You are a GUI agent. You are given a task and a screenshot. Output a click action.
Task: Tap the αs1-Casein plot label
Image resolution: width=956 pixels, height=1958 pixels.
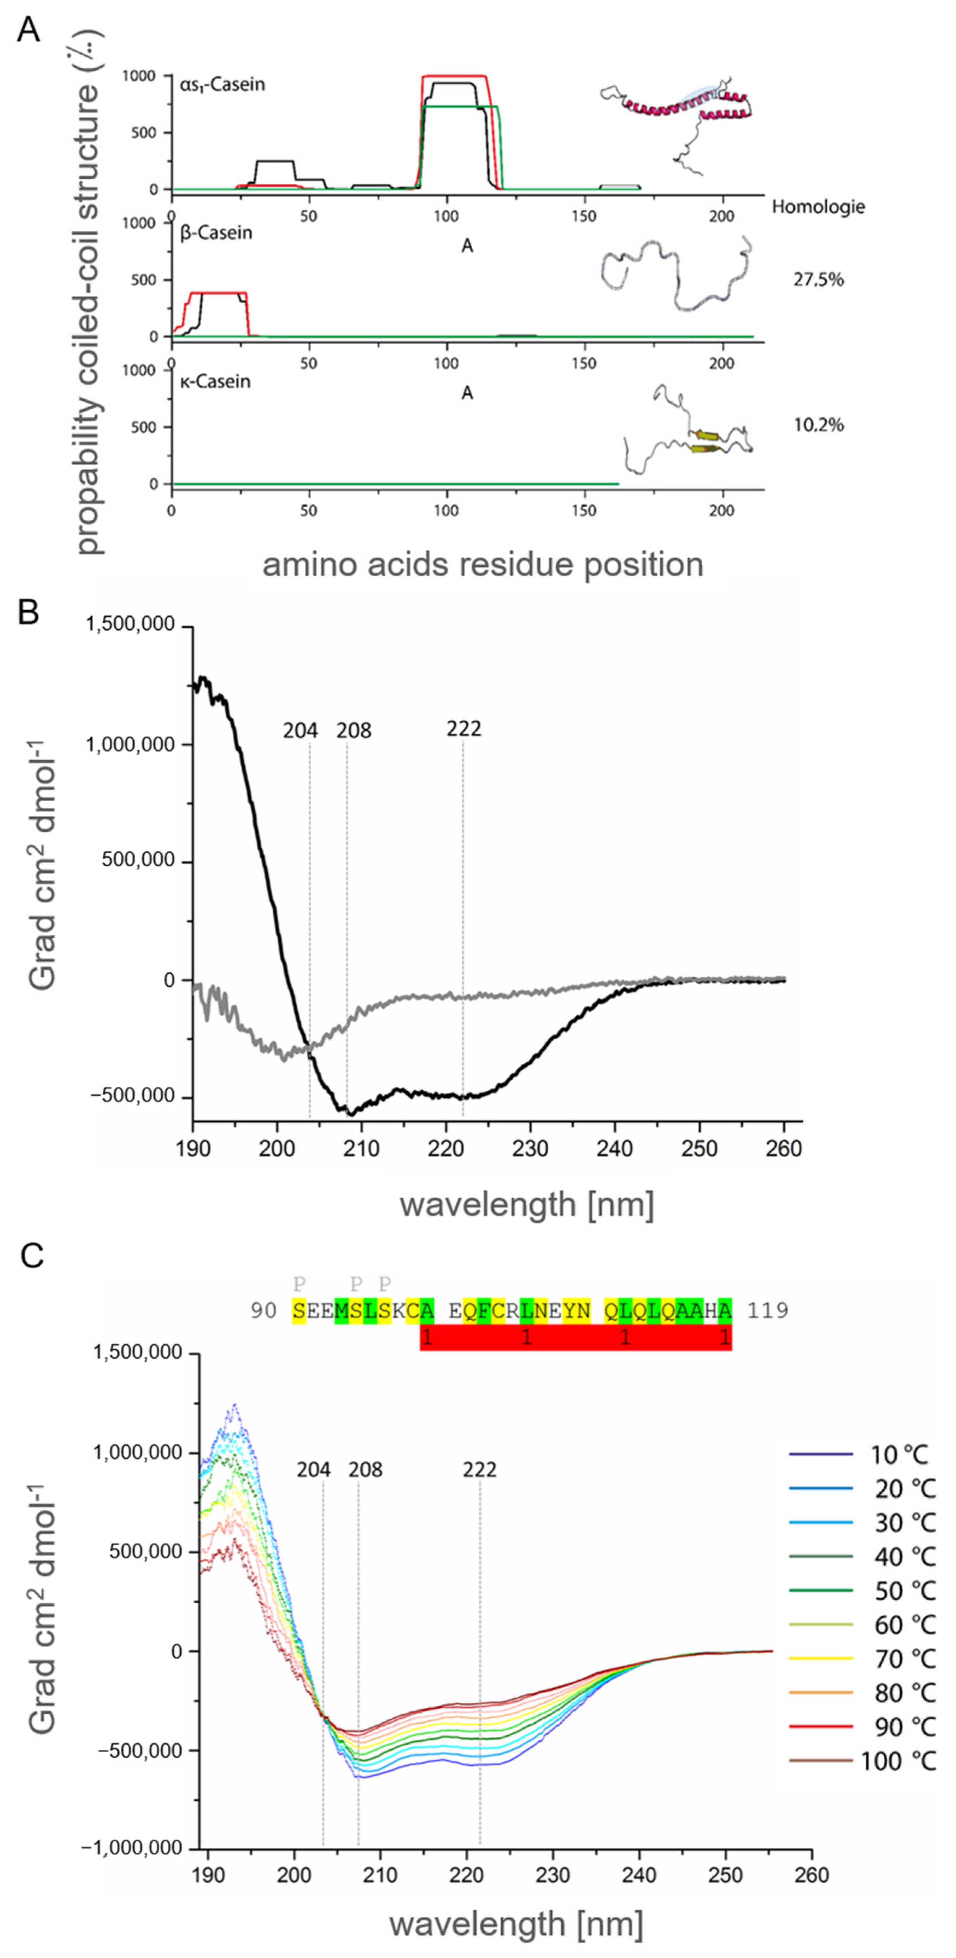[222, 84]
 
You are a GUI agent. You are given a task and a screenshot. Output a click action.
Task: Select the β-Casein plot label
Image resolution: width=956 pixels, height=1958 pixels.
[216, 233]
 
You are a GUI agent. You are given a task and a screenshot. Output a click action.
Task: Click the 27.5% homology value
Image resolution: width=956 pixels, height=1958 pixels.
[818, 280]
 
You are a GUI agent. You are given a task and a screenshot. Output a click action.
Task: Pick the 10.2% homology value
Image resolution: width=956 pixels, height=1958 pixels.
[818, 425]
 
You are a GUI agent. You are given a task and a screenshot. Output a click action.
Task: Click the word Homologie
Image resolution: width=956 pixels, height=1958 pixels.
[818, 207]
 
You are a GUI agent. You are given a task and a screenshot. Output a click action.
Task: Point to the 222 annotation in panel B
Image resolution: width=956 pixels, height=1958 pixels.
[464, 729]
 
